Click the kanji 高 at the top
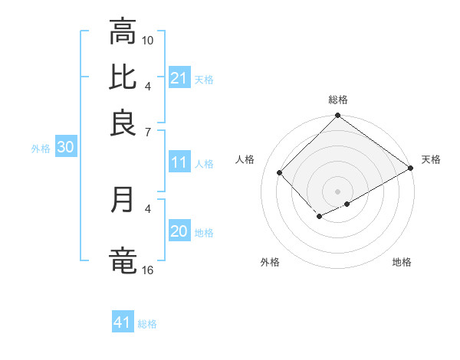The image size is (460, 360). (123, 33)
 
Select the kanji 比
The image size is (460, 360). (123, 77)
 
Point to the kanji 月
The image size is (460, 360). (123, 200)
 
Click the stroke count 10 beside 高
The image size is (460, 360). (148, 40)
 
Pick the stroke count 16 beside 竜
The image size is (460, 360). (148, 270)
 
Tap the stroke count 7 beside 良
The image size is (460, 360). (147, 132)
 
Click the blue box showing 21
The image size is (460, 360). (179, 78)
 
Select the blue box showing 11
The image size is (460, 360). (179, 162)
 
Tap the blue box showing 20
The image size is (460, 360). (179, 232)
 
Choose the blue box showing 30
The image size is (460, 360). (65, 148)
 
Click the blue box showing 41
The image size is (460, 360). (123, 322)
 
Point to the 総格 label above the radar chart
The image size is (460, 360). (337, 100)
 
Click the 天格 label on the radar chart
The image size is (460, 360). (431, 159)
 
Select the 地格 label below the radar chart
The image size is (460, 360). (402, 262)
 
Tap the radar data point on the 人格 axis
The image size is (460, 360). (280, 172)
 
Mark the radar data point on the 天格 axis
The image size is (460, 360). (411, 168)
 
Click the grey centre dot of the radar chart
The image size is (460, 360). (337, 191)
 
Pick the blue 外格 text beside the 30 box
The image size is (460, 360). (40, 149)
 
